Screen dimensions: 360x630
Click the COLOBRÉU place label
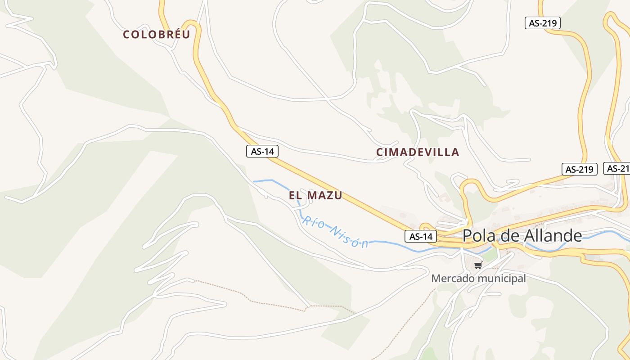click(x=157, y=35)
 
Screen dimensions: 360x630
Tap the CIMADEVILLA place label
click(x=418, y=153)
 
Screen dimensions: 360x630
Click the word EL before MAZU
click(x=295, y=196)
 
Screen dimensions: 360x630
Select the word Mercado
click(x=453, y=279)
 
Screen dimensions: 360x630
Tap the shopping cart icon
click(x=478, y=265)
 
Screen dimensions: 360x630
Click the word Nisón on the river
click(x=349, y=237)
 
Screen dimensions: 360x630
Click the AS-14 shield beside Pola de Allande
click(x=421, y=236)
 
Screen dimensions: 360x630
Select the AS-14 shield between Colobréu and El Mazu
click(x=262, y=152)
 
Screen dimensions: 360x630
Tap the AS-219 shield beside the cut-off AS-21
click(x=579, y=169)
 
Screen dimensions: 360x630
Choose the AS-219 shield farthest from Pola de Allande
click(x=542, y=23)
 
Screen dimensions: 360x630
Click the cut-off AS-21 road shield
click(x=617, y=168)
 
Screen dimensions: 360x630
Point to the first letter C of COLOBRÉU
click(x=126, y=35)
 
